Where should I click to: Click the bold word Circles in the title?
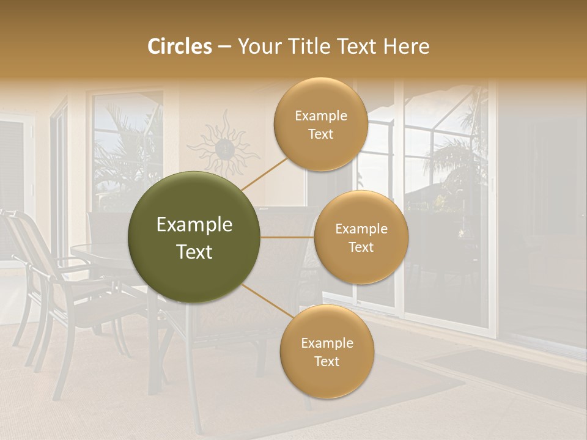tap(179, 46)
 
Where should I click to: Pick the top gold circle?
tap(320, 124)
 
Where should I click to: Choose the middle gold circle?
tap(361, 237)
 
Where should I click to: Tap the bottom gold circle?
tap(327, 351)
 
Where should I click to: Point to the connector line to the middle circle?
tap(287, 237)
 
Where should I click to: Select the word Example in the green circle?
tap(194, 225)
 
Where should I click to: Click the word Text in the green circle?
tap(194, 252)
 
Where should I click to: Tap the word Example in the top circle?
tap(320, 116)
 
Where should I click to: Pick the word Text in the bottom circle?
tap(327, 361)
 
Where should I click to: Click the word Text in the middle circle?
tap(361, 247)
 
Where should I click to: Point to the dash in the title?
tap(224, 47)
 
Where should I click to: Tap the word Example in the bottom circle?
tap(327, 343)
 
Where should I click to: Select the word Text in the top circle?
tap(320, 134)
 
